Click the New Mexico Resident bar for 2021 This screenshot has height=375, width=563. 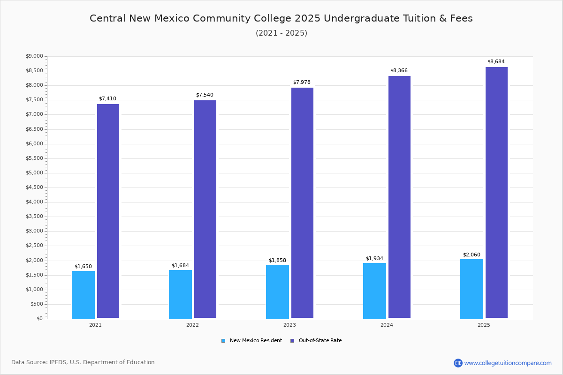tap(83, 294)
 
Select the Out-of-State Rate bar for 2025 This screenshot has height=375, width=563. tap(496, 192)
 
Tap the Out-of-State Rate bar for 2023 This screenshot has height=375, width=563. tap(302, 202)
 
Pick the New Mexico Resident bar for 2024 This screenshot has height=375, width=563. tap(374, 291)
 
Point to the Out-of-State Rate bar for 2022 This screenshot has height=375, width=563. tap(205, 209)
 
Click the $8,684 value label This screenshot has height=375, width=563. tap(496, 62)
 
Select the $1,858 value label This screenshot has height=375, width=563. tap(277, 261)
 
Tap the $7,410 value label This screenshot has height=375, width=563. tap(107, 99)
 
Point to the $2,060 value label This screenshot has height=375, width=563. tap(472, 255)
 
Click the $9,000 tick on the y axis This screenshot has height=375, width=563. tap(34, 56)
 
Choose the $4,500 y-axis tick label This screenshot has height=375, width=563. tap(34, 187)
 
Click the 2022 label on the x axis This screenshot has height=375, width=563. tap(192, 325)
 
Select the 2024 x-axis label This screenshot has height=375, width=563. tap(387, 325)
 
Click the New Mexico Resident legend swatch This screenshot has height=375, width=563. tap(223, 341)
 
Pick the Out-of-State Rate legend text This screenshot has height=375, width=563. tap(320, 341)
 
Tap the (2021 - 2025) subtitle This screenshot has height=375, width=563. tap(281, 33)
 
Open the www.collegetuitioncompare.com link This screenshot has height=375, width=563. tap(508, 363)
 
